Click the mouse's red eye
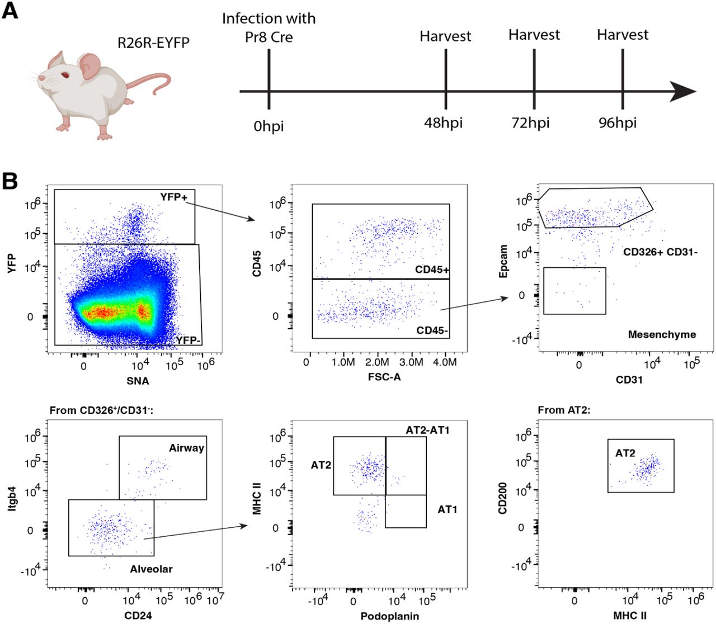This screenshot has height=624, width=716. point(65,74)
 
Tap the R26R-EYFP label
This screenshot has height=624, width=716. point(153,42)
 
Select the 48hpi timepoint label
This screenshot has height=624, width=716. point(443,122)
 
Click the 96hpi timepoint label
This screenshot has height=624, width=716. point(618,122)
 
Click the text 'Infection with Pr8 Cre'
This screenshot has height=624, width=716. point(268,27)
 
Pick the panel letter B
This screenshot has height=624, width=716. point(10,181)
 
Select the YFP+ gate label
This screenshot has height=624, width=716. point(173,197)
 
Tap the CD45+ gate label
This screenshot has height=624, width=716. point(432,270)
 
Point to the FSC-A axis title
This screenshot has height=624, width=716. point(384,377)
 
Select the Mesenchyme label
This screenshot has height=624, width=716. point(662,334)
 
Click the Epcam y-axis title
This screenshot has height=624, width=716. point(504,261)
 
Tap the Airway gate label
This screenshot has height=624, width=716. point(186,448)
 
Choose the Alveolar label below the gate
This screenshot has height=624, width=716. point(151,569)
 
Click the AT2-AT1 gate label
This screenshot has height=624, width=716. point(427,430)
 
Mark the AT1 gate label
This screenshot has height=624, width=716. point(447,509)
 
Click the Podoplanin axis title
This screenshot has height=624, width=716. point(389,616)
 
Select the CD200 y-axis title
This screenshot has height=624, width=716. point(503,498)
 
